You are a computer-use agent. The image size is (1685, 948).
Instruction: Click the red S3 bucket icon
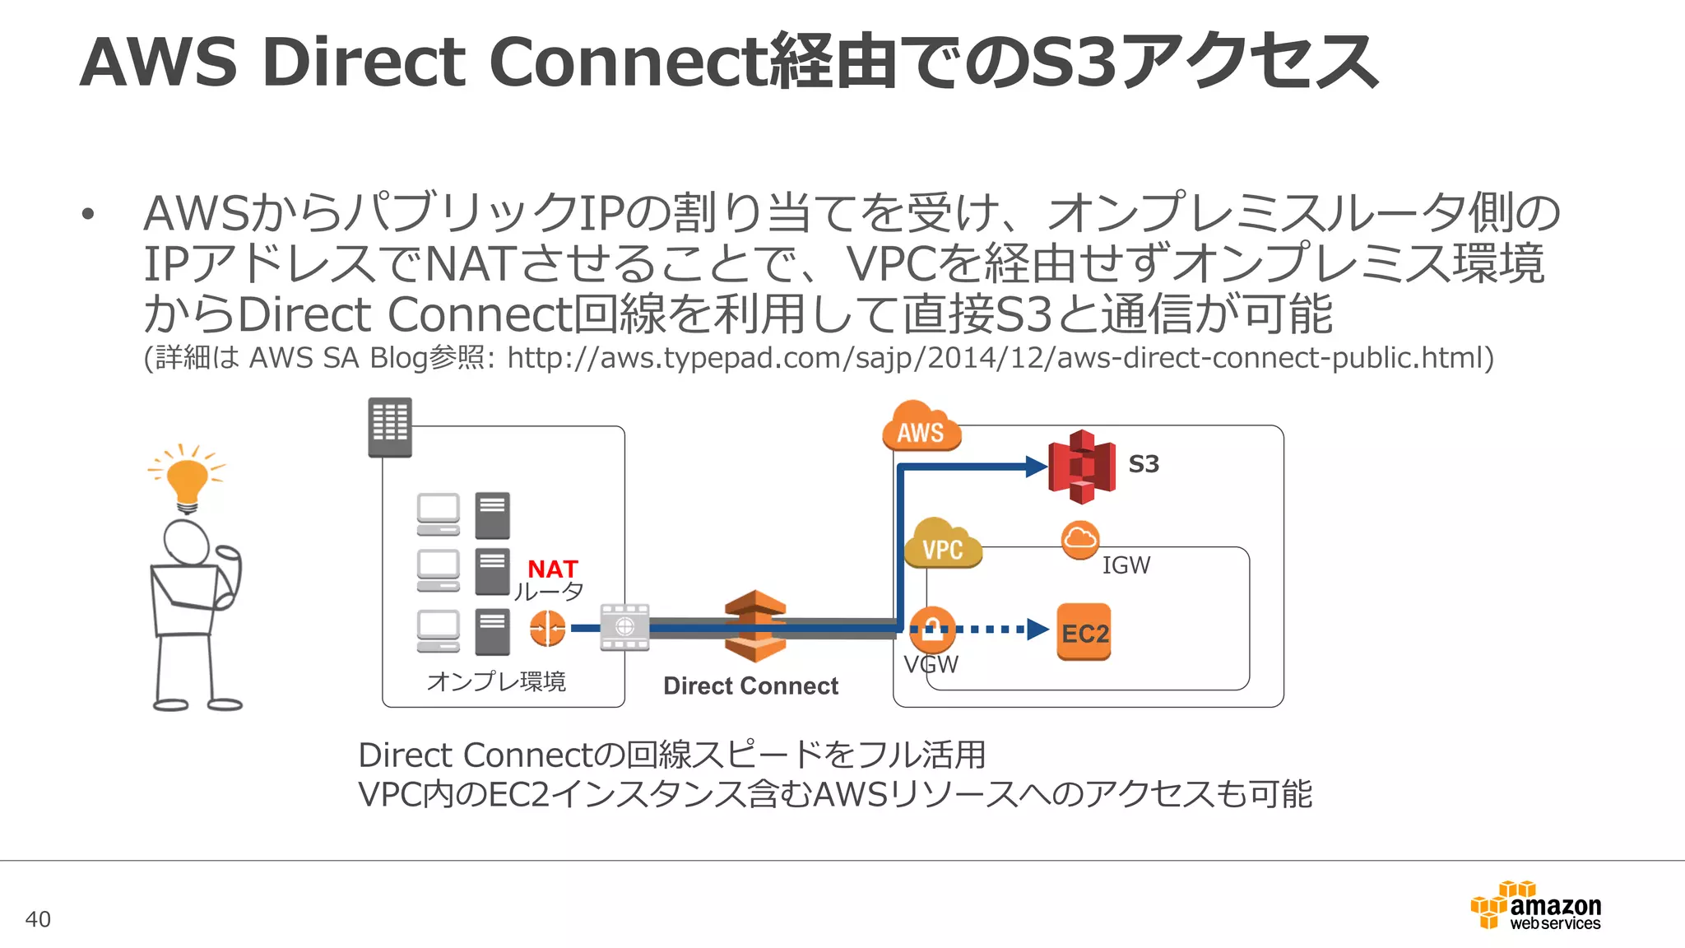click(1081, 467)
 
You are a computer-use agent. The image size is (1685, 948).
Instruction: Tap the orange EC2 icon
click(1084, 632)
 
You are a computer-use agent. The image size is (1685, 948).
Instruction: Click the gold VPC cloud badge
click(942, 545)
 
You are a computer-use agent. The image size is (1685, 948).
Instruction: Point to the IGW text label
click(1126, 565)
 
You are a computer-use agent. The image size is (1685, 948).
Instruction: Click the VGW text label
click(931, 664)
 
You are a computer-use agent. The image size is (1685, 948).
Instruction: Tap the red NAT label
click(552, 569)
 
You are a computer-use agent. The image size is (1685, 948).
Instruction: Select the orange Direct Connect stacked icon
click(755, 626)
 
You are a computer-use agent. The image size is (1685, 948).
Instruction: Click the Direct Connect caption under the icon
click(750, 685)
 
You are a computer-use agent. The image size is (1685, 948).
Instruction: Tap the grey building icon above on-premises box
click(390, 427)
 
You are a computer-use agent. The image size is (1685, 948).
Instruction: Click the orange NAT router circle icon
click(547, 629)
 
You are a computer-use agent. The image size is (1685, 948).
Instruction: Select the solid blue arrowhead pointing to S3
click(1036, 467)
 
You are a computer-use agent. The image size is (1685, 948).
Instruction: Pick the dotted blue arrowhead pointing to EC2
click(1037, 630)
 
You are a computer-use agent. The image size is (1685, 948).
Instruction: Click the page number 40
click(38, 919)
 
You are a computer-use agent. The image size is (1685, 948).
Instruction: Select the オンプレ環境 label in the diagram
click(496, 681)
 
